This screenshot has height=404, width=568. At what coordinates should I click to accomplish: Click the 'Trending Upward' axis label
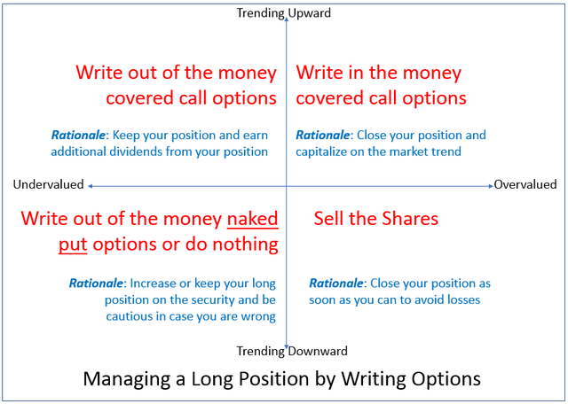point(284,13)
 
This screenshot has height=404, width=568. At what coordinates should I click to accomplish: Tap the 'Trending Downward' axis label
point(292,351)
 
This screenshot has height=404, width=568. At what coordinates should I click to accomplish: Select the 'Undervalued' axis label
point(48,184)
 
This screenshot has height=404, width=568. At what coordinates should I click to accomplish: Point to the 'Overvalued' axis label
point(525,184)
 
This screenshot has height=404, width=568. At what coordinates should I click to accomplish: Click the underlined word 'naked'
point(252,219)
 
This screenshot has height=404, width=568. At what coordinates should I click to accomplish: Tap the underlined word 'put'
point(73,245)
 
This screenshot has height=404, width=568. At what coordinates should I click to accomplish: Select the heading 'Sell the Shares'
point(376,219)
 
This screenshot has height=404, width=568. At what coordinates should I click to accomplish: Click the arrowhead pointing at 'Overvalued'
point(491,186)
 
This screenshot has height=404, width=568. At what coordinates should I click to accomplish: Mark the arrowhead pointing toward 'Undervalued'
point(91,186)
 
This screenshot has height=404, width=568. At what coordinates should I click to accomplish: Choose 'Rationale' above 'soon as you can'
point(335,283)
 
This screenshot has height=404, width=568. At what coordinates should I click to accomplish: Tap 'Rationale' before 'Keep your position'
point(78,135)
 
